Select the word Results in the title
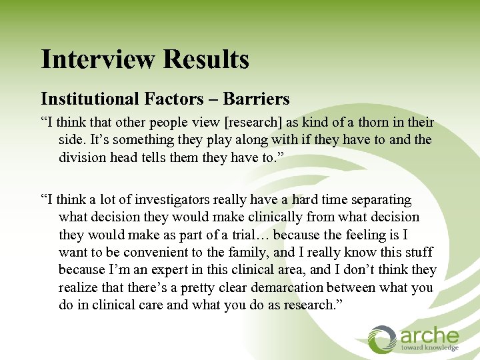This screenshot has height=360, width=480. [x=207, y=59]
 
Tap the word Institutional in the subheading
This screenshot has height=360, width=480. [x=89, y=99]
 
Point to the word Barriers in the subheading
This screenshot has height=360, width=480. [x=257, y=99]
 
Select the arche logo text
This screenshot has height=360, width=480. [x=429, y=335]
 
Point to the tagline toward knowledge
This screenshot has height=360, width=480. [x=429, y=347]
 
